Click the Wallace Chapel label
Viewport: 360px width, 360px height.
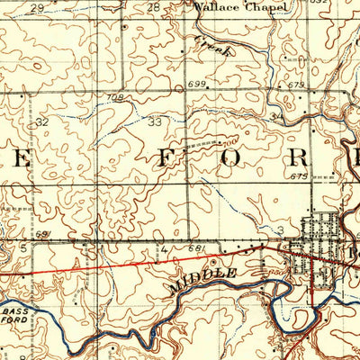(241, 7)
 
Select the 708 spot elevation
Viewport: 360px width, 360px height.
(113, 96)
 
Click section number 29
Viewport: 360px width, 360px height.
(37, 7)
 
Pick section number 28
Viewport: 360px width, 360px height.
(153, 7)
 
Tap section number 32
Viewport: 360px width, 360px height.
(41, 120)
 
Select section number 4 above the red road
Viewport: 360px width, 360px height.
(165, 246)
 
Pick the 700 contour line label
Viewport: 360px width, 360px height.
(230, 141)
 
